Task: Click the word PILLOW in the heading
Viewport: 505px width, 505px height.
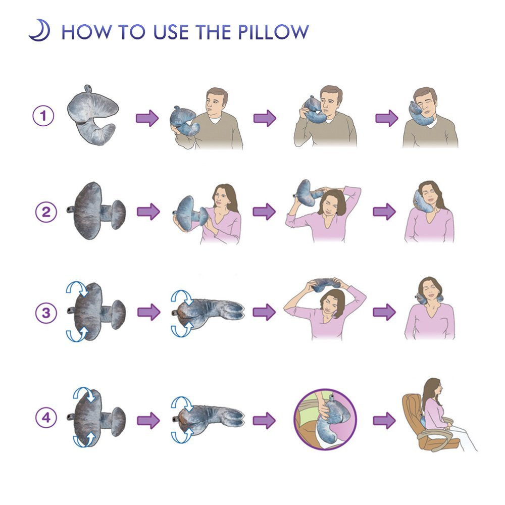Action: click(x=273, y=32)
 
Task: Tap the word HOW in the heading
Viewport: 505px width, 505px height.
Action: click(x=86, y=32)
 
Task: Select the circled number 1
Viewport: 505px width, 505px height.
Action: click(x=43, y=116)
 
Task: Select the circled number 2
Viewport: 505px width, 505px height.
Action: click(x=46, y=212)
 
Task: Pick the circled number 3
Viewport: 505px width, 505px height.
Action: click(x=46, y=313)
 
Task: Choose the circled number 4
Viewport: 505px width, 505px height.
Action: click(x=46, y=418)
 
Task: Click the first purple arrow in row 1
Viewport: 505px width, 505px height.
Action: click(x=147, y=118)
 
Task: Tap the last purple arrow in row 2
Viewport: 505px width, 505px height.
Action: click(x=384, y=212)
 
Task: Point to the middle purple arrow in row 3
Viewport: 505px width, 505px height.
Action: click(x=264, y=312)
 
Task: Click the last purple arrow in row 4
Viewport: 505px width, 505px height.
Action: click(x=384, y=420)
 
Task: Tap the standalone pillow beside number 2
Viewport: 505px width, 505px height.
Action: click(x=96, y=211)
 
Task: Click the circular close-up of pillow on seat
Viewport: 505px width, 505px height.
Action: click(x=325, y=420)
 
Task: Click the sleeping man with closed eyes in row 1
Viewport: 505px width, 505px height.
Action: click(x=430, y=118)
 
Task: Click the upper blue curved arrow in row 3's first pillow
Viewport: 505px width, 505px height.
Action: click(x=78, y=287)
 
